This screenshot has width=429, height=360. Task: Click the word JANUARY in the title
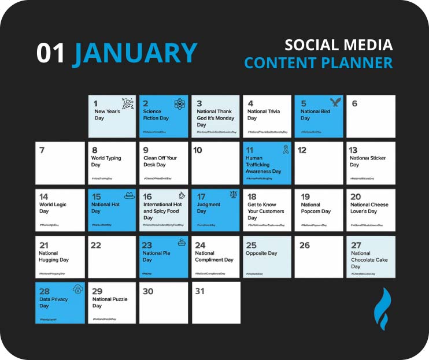click(135, 53)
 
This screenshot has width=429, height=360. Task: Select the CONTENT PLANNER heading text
click(318, 62)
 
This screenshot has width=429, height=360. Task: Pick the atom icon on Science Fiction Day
click(179, 104)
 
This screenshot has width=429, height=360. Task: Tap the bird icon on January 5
click(335, 103)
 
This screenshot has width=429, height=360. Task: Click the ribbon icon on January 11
click(285, 150)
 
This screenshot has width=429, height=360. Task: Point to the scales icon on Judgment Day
click(233, 196)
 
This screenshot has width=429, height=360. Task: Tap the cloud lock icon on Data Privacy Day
click(77, 289)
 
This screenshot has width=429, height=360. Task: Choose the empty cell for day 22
click(112, 257)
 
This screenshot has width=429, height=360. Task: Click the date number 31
click(199, 291)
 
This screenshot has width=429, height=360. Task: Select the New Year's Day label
click(108, 114)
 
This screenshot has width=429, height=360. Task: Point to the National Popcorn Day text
click(316, 208)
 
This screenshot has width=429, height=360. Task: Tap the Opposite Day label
click(261, 253)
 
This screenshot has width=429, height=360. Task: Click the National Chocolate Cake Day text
click(370, 259)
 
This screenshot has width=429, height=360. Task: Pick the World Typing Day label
click(106, 161)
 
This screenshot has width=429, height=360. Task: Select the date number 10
click(198, 150)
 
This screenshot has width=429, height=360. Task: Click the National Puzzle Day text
click(110, 302)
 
